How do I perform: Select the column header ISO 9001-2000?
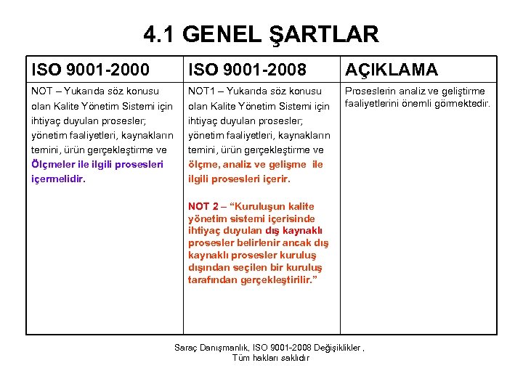[x=91, y=70]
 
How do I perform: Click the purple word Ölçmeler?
[x=52, y=164]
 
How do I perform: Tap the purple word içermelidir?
[x=58, y=179]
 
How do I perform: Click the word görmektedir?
[x=466, y=104]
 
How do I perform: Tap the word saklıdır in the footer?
[x=293, y=358]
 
